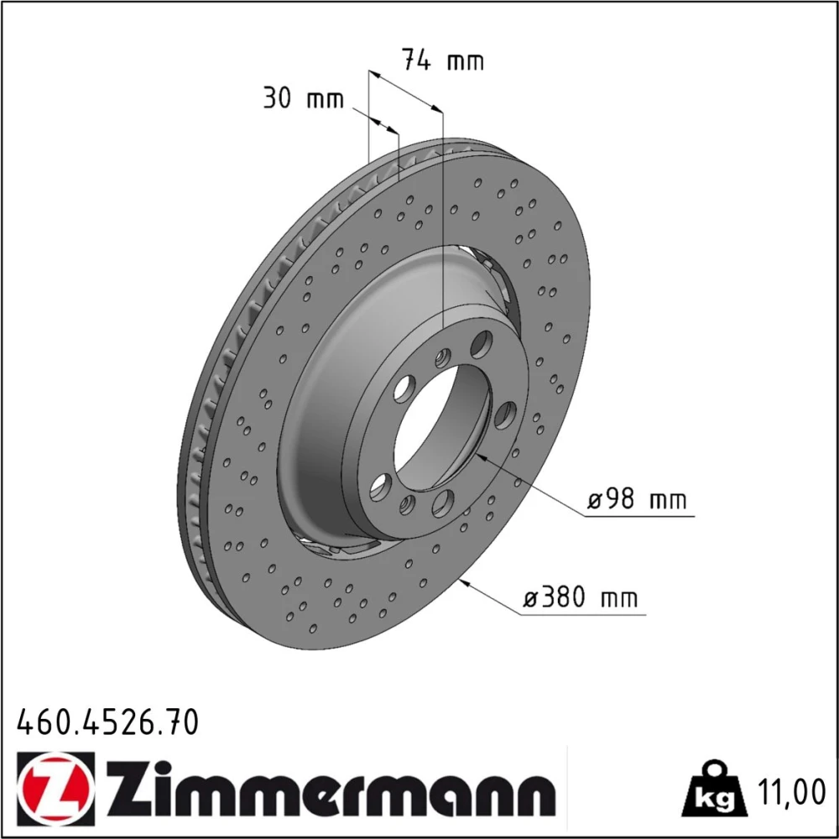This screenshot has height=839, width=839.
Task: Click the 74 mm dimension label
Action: [443, 60]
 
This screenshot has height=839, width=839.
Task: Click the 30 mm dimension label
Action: [304, 98]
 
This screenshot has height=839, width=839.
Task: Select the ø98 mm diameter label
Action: [637, 500]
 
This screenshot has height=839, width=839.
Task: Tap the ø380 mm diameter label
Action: [581, 597]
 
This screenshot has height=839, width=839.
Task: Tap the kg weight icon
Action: [714, 789]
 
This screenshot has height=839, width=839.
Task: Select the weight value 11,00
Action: [791, 793]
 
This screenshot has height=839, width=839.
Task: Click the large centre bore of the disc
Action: [442, 427]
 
